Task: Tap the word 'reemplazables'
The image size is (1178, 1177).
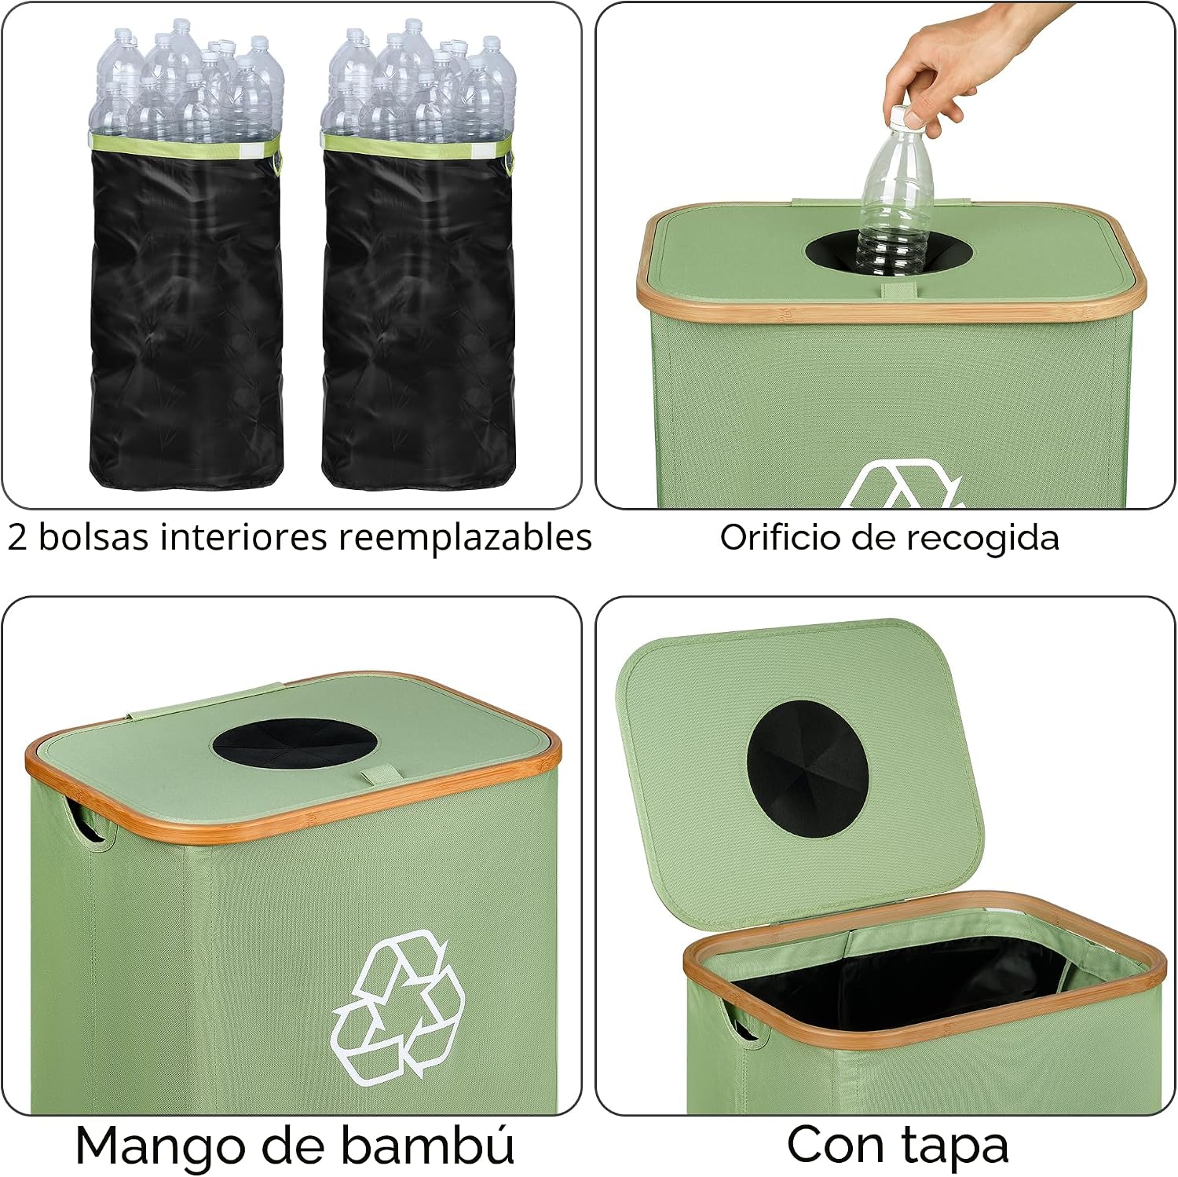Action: pyautogui.click(x=465, y=539)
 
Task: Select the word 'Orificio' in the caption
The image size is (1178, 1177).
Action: pyautogui.click(x=780, y=538)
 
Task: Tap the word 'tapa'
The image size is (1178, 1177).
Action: pyautogui.click(x=953, y=1146)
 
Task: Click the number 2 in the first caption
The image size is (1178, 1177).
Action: pyautogui.click(x=17, y=539)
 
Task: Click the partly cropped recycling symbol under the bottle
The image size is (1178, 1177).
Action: pyautogui.click(x=902, y=485)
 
